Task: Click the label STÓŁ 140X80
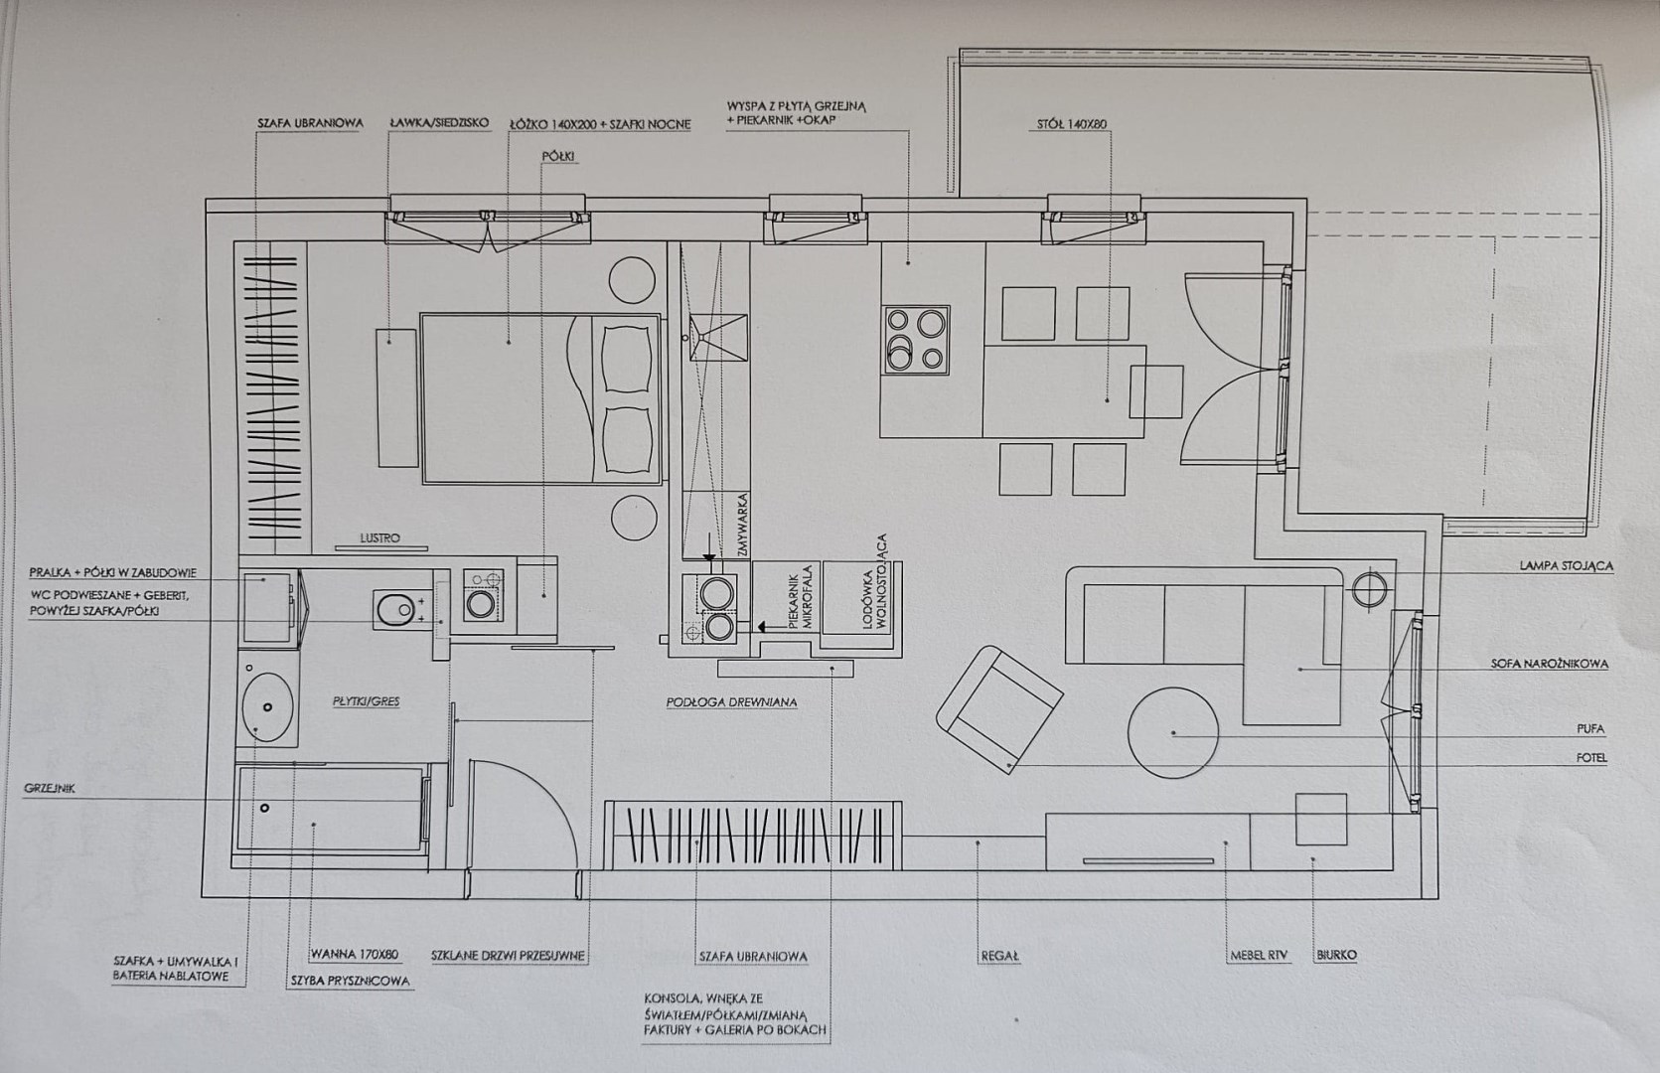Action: click(x=1071, y=124)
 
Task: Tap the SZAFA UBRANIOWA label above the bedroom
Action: click(x=310, y=123)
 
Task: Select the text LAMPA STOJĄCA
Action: click(x=1566, y=565)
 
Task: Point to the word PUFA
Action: click(x=1590, y=728)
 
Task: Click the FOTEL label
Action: click(x=1591, y=758)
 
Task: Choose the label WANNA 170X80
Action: click(x=355, y=954)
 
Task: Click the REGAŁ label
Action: click(x=999, y=956)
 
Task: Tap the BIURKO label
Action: click(x=1336, y=955)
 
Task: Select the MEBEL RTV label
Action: click(x=1259, y=955)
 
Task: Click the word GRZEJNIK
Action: click(x=50, y=789)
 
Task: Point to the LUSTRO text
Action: click(x=380, y=537)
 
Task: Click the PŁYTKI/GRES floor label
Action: click(x=367, y=701)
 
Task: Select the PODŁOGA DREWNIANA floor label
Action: click(x=731, y=701)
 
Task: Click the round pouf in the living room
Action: click(x=1173, y=733)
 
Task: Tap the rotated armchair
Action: click(x=999, y=709)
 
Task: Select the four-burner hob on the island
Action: click(x=916, y=340)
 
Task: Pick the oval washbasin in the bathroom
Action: click(x=267, y=707)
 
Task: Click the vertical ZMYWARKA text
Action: click(x=742, y=527)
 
